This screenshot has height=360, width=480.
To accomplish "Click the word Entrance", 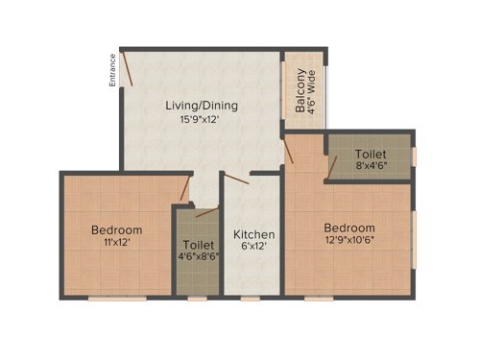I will (112, 70).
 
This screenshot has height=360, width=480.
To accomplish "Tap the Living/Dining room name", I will (201, 106).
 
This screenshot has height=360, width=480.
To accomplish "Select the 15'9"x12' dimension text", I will (201, 119).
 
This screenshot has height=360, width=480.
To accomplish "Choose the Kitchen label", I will (254, 234).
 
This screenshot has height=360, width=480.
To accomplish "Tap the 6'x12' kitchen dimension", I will (254, 247).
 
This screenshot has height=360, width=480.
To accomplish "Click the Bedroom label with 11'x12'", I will (116, 230).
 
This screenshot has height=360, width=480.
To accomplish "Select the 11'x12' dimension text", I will (116, 243).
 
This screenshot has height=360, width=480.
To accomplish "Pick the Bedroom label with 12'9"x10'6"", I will (348, 227).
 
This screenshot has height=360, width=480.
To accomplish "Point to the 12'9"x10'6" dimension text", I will (348, 240).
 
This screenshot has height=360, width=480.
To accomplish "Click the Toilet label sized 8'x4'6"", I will (371, 154).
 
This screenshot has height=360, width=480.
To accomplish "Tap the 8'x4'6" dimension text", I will (371, 166).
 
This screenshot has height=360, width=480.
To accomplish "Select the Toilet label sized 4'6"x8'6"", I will (198, 244).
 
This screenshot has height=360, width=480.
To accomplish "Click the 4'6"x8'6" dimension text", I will (198, 256).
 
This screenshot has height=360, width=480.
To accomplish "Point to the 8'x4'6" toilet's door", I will (332, 168).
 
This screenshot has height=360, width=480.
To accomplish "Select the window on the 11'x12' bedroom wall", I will (117, 298).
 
